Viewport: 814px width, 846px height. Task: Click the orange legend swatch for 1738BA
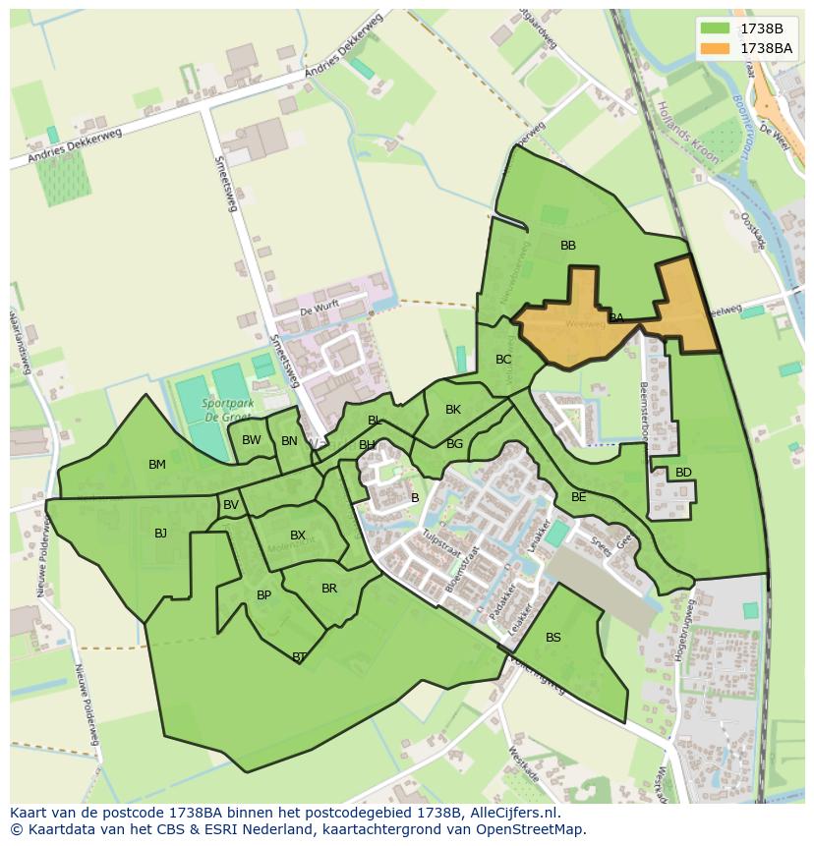[x=716, y=48]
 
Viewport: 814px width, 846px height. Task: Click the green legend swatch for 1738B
[x=716, y=28]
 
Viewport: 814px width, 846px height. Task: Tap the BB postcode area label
[x=567, y=246]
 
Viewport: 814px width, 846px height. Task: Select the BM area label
[x=157, y=465]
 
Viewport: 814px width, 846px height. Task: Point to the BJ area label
[x=160, y=534]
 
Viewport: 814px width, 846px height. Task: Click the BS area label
[x=553, y=638]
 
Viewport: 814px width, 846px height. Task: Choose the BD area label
[x=683, y=473]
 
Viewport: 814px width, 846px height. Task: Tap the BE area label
[x=578, y=497]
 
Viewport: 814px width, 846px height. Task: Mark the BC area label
[x=503, y=360]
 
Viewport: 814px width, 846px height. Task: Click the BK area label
[x=452, y=410]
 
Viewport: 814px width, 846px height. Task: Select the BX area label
[x=298, y=536]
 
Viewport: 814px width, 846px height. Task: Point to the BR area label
[x=329, y=589]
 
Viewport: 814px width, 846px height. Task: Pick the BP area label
[x=263, y=595]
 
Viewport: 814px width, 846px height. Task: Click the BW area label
[x=252, y=440]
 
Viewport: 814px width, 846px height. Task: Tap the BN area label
[x=289, y=441]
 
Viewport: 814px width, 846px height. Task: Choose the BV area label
[x=231, y=505]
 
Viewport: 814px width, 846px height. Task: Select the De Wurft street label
[x=320, y=310]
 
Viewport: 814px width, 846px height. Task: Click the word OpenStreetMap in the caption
[x=530, y=829]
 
